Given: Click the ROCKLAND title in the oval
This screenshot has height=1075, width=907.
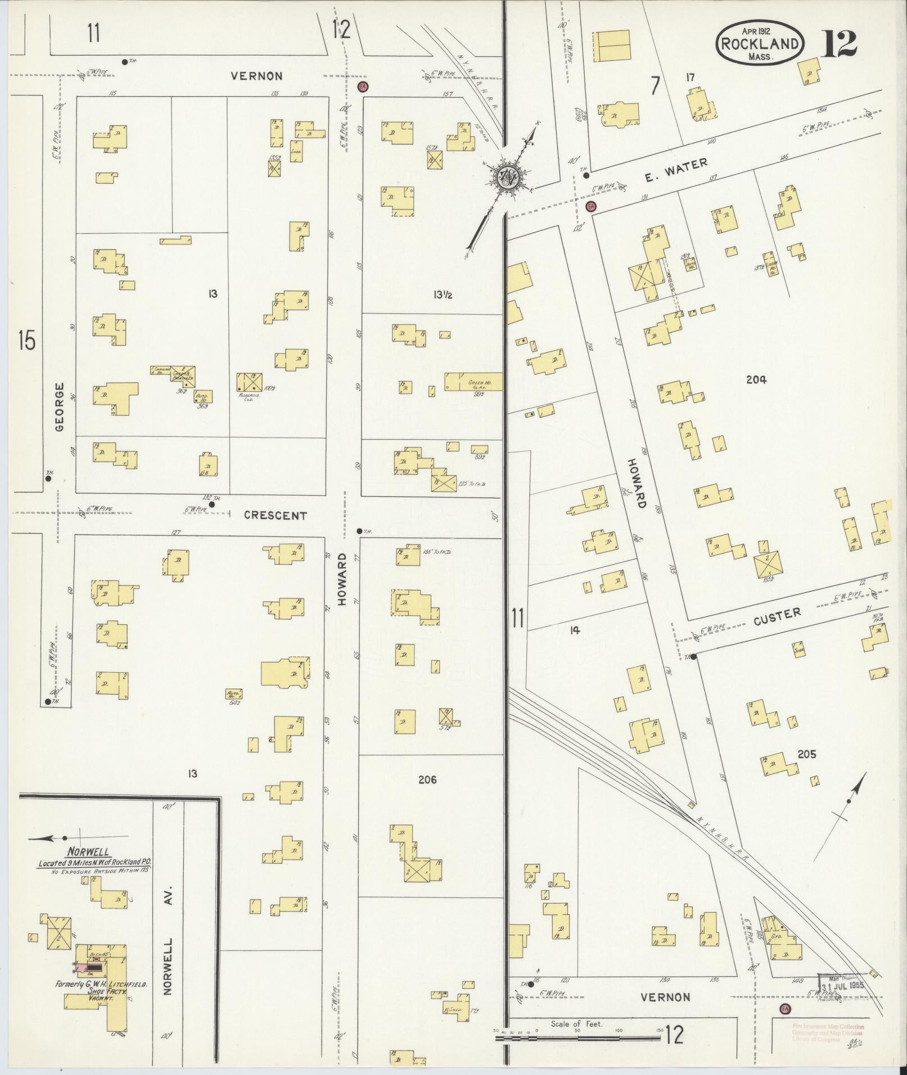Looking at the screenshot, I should pos(759,43).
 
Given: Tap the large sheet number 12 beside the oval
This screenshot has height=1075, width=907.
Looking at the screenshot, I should pos(841,44).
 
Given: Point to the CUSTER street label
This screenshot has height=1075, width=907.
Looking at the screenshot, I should pos(777,614).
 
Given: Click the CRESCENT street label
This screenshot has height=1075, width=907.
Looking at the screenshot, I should pos(276,515).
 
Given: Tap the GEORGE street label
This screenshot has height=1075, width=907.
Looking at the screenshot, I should pos(60,407).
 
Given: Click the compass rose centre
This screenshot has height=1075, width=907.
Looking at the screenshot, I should pos(508,178).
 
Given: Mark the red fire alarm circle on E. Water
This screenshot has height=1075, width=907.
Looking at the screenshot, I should pos(590,206).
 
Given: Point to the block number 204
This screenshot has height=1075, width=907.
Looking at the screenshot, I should pos(756,380).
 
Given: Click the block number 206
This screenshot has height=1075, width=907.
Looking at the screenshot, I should pos(427,779).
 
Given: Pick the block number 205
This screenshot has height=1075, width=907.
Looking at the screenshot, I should pos(806,754).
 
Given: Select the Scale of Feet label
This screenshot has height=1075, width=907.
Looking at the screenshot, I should pos(576,1024).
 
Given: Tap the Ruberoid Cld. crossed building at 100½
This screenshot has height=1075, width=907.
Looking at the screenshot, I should pos(249,382).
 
